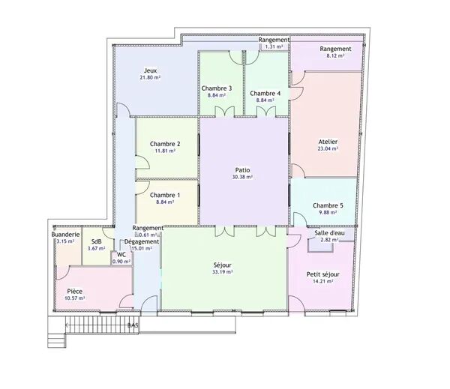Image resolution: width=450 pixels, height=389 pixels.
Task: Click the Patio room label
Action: [242, 170]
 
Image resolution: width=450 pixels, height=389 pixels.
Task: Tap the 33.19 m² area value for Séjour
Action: [223, 272]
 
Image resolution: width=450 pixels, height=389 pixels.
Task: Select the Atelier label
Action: [328, 142]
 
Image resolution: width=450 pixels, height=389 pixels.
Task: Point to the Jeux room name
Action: [150, 70]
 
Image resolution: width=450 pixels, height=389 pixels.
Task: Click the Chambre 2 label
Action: [165, 144]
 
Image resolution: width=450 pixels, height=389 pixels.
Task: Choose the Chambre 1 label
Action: [165, 196]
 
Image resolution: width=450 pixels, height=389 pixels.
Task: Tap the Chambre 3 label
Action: [217, 88]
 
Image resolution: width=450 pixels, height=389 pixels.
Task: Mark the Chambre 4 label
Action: [265, 93]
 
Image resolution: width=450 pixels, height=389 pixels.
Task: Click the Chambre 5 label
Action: [328, 205]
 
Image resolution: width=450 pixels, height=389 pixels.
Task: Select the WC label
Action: [121, 255]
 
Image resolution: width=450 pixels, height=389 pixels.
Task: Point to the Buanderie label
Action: [65, 235]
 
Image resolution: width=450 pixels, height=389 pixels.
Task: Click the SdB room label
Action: [97, 241]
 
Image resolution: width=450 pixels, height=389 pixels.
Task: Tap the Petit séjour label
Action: [322, 274]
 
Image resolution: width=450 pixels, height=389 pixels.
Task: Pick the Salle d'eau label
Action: [329, 233]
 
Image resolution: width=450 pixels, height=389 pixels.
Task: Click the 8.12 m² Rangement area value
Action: [335, 56]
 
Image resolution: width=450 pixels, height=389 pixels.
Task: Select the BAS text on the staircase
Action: [133, 325]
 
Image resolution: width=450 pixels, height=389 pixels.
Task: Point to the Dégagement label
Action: [142, 242]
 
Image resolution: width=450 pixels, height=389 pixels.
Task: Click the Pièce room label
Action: [74, 292]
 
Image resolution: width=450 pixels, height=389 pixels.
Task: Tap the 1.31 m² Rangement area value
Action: [274, 46]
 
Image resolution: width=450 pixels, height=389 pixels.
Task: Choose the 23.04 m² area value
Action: [328, 148]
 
